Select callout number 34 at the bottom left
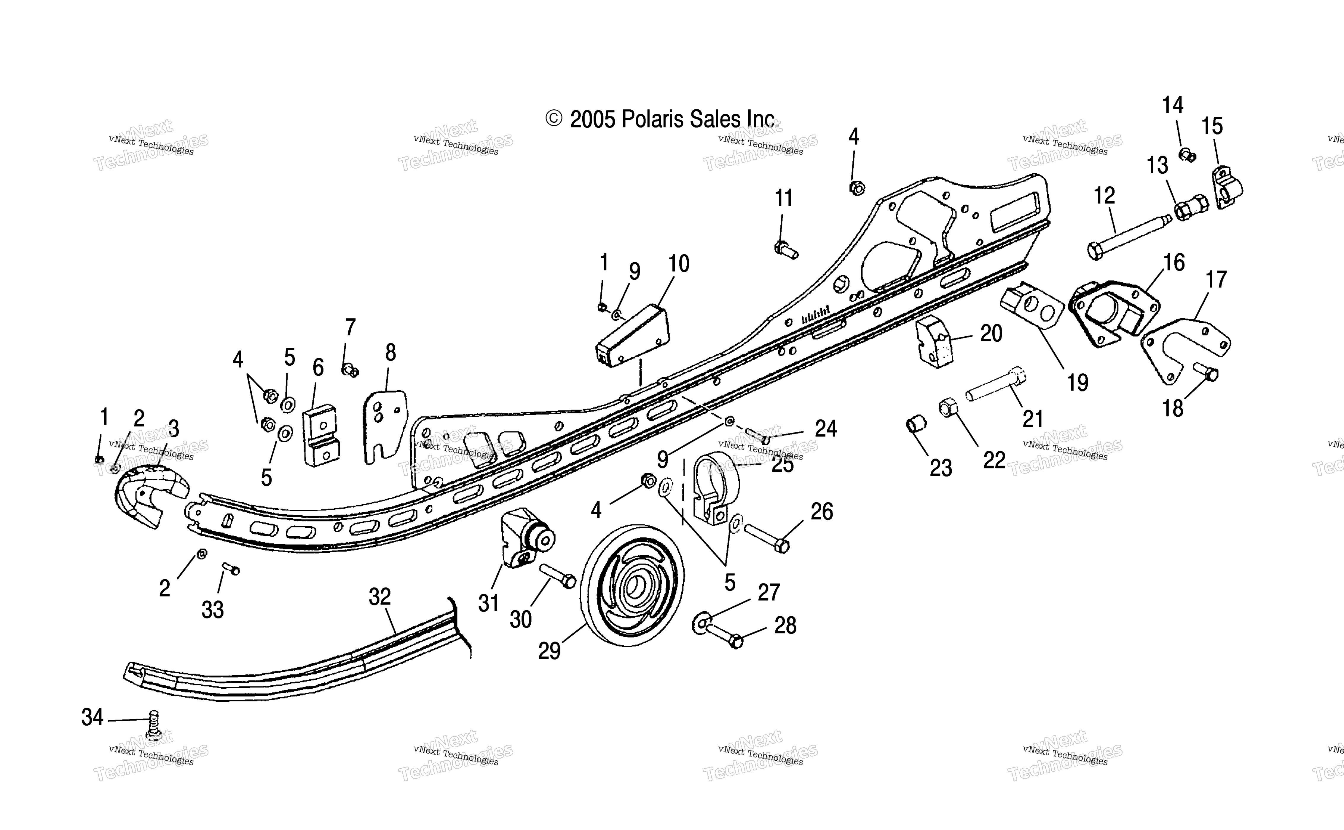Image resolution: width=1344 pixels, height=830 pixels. pos(92,717)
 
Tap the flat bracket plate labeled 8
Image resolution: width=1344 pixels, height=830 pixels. pos(385,426)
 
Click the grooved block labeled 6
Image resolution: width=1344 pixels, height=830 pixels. pos(321,435)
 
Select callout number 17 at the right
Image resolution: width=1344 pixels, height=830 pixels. pos(1216,279)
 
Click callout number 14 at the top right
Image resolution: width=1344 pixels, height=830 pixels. pos(1173,105)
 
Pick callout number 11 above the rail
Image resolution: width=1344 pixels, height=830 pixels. pos(784,198)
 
